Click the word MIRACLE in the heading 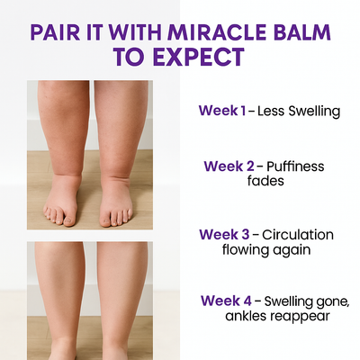point(216,32)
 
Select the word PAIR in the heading point(55,32)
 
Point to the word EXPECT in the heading point(199,57)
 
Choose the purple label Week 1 point(222,111)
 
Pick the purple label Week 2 point(229,166)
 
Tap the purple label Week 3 point(224,235)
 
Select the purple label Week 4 point(226,301)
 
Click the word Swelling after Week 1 point(314,112)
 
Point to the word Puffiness point(295,166)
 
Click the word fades point(265,181)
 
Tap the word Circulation point(298,235)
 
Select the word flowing point(243,250)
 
